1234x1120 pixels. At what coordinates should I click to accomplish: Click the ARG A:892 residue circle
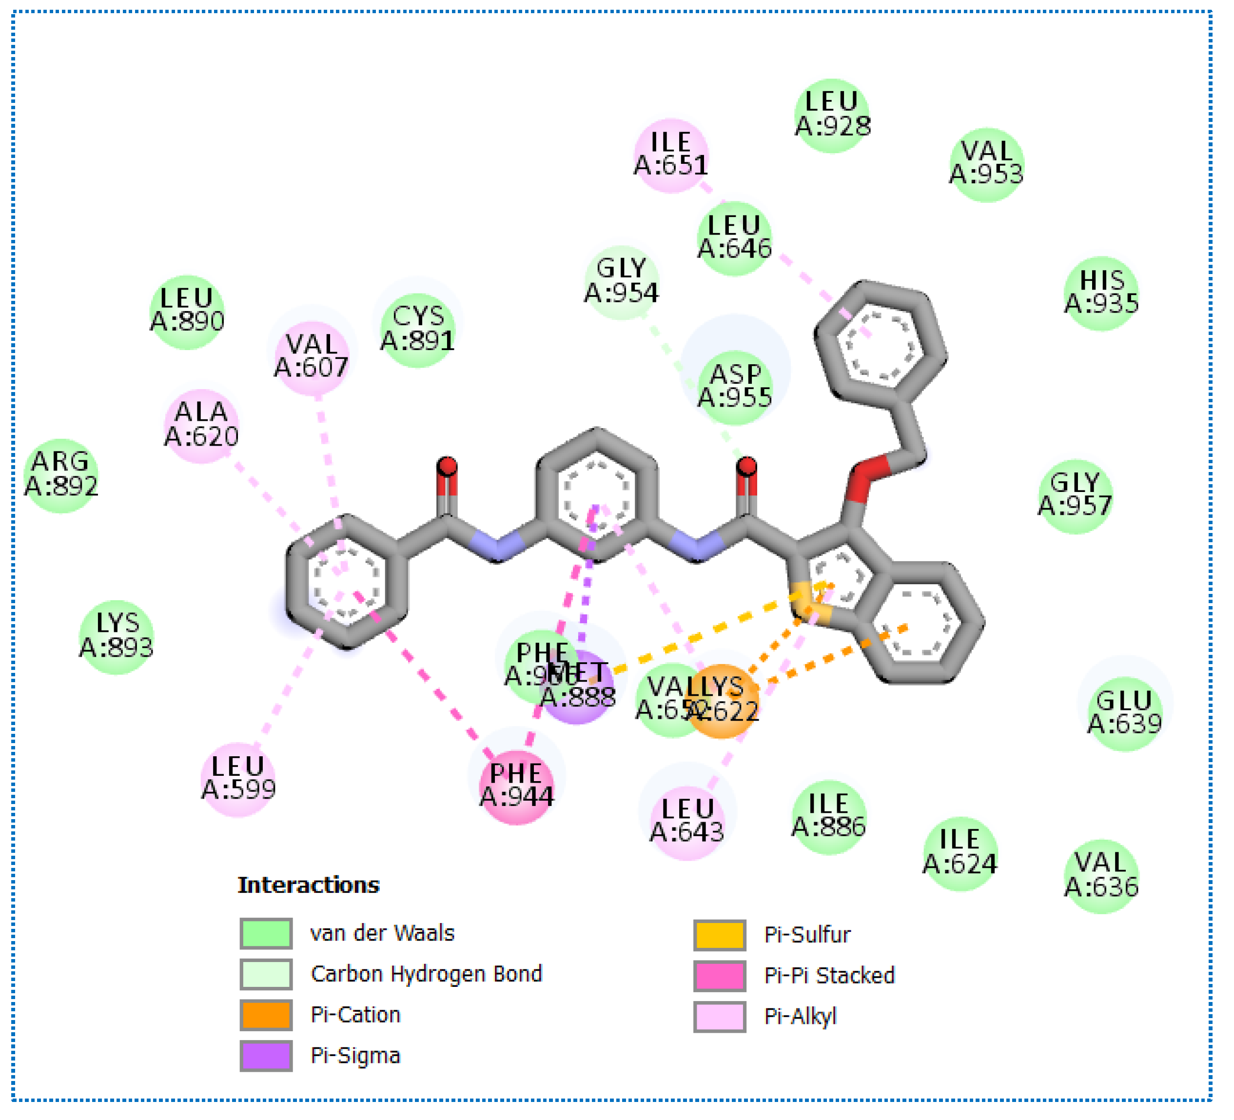[61, 476]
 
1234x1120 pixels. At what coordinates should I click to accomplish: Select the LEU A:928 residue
[832, 115]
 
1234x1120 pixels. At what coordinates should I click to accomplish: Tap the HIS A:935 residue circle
[1102, 293]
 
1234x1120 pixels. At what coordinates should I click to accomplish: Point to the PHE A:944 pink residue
[517, 787]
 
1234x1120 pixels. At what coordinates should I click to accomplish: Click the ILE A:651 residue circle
[671, 156]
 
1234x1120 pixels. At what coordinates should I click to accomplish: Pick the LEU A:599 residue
[238, 779]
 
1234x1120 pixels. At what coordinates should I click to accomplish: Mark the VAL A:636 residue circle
[1102, 876]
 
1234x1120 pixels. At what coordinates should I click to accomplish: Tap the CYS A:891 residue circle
[418, 330]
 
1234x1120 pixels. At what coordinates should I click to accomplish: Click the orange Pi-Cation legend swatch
[266, 1015]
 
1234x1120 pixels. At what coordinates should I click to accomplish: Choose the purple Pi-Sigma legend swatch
[266, 1056]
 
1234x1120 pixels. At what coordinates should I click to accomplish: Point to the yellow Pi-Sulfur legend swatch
[720, 935]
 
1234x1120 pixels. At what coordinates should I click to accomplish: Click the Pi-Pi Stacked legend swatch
[720, 976]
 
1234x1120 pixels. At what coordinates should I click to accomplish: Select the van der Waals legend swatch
[266, 933]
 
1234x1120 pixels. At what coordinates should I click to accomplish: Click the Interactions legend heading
[309, 885]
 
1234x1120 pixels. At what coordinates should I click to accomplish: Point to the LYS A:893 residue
[117, 637]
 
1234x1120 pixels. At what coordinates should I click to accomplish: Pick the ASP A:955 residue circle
[735, 388]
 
